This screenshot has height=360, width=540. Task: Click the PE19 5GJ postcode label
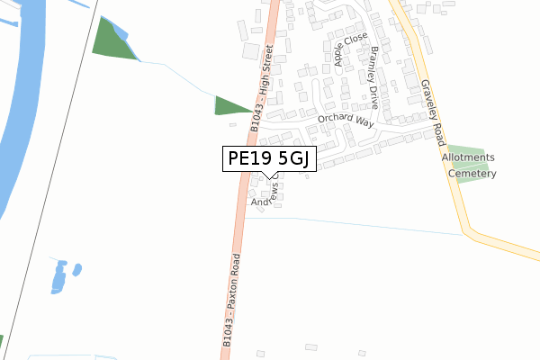click(x=269, y=159)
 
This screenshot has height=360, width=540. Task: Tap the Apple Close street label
click(x=339, y=51)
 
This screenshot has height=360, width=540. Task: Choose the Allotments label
click(x=468, y=157)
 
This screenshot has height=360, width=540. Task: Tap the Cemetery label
click(x=474, y=174)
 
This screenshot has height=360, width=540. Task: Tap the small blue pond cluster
click(x=62, y=274)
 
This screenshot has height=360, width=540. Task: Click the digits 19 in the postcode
click(x=265, y=159)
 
